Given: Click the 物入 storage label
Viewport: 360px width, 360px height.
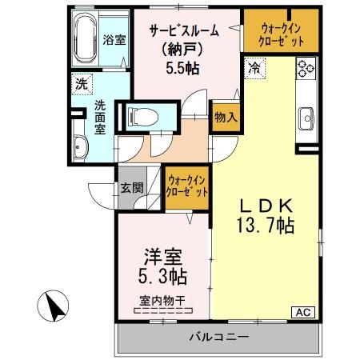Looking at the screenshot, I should coord(225,117).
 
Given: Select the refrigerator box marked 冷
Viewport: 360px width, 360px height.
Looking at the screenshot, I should coord(254,68).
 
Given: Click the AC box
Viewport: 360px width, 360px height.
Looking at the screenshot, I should coord(305,311).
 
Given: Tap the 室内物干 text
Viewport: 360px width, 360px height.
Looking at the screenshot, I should coord(162,301).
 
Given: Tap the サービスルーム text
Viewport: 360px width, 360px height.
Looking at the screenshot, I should coord(183,31).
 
